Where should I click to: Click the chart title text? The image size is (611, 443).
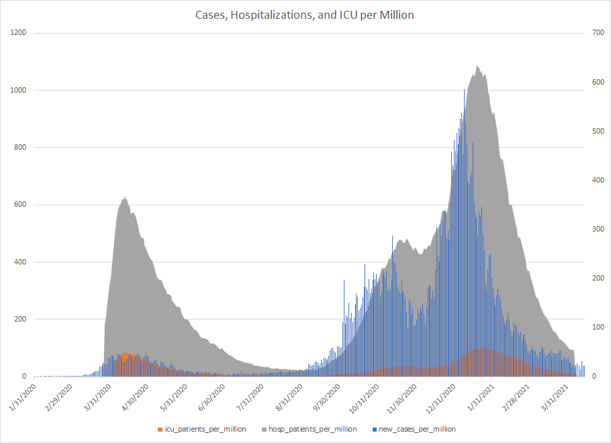[x=305, y=15]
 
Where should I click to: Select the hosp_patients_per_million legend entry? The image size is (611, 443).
[x=308, y=429]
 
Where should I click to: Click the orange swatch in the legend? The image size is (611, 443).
[x=160, y=429]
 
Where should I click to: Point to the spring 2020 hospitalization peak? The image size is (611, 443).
[x=125, y=199]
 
